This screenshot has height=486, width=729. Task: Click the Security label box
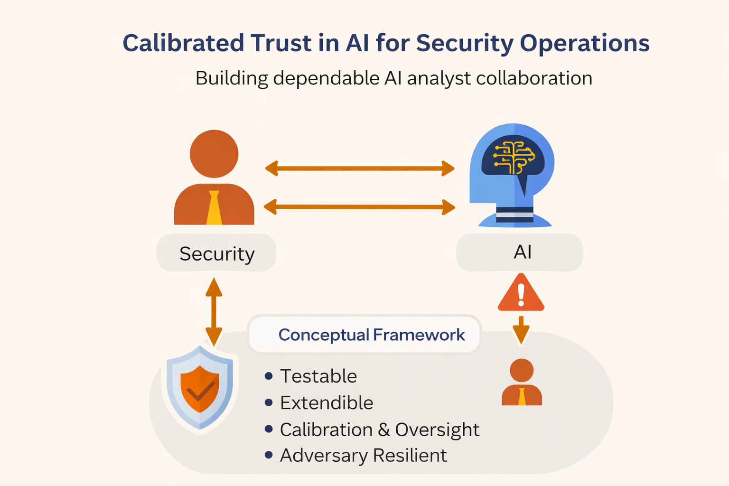click(x=216, y=253)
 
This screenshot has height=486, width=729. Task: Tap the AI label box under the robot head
click(x=520, y=252)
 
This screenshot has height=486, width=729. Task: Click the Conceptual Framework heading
click(x=371, y=335)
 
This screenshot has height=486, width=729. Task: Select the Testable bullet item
click(x=318, y=376)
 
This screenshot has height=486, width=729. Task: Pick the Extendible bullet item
click(x=327, y=403)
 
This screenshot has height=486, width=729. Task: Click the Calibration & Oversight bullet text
click(x=379, y=430)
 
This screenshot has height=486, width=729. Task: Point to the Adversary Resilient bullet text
click(x=363, y=456)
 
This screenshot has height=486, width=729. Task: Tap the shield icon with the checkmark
click(x=200, y=388)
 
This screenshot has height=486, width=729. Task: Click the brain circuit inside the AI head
click(x=513, y=157)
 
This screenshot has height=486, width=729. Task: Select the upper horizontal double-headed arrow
click(x=359, y=168)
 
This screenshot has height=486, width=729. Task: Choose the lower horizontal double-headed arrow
click(x=359, y=207)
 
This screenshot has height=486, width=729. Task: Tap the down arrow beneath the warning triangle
click(x=521, y=330)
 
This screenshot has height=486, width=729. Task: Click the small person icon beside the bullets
click(x=522, y=383)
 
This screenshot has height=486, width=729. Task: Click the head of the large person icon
click(x=214, y=153)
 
